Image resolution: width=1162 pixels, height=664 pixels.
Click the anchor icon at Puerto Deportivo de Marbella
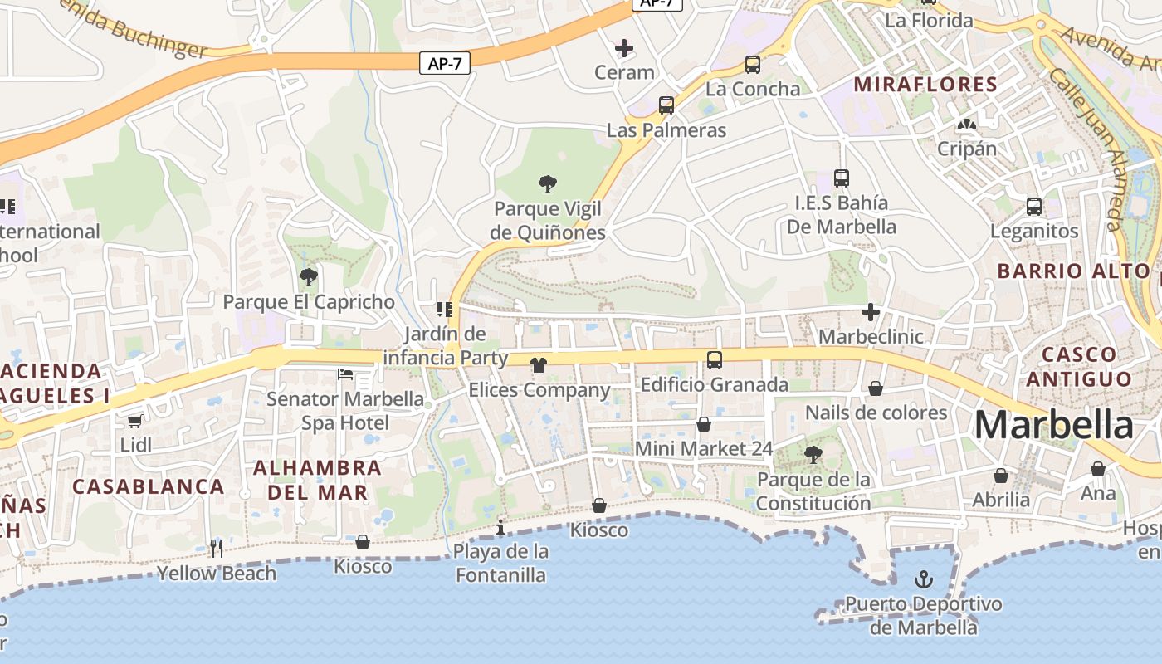pyautogui.click(x=923, y=579)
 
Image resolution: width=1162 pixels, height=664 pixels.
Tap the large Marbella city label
pyautogui.click(x=1053, y=425)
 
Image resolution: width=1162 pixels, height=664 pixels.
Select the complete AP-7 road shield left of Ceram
pyautogui.click(x=445, y=63)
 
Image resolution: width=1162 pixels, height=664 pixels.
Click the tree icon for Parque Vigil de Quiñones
pyautogui.click(x=547, y=183)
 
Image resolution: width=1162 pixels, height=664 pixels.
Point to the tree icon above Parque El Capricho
pyautogui.click(x=308, y=276)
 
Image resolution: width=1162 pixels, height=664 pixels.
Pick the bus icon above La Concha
pyautogui.click(x=753, y=64)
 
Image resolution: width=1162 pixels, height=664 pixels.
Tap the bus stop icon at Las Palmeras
pyautogui.click(x=666, y=105)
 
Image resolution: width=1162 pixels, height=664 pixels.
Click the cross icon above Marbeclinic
pyautogui.click(x=871, y=312)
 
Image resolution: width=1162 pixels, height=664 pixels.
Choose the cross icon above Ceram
pyautogui.click(x=624, y=48)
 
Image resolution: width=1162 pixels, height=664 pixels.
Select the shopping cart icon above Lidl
pyautogui.click(x=135, y=421)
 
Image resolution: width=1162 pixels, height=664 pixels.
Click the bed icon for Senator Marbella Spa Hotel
pyautogui.click(x=345, y=374)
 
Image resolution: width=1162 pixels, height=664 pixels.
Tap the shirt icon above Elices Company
pyautogui.click(x=539, y=364)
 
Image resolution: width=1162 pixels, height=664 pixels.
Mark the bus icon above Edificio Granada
pyautogui.click(x=715, y=360)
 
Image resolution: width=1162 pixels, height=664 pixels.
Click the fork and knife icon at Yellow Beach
pyautogui.click(x=217, y=547)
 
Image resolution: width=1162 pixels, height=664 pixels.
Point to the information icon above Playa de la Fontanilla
pyautogui.click(x=500, y=526)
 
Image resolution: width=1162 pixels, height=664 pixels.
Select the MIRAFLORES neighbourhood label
pyautogui.click(x=925, y=84)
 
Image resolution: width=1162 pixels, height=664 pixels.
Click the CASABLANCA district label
pyautogui.click(x=149, y=486)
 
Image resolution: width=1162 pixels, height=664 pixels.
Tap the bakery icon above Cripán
pyautogui.click(x=966, y=124)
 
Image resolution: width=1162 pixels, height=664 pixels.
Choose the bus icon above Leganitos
pyautogui.click(x=1034, y=206)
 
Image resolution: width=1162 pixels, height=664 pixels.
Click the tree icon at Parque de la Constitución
pyautogui.click(x=813, y=454)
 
